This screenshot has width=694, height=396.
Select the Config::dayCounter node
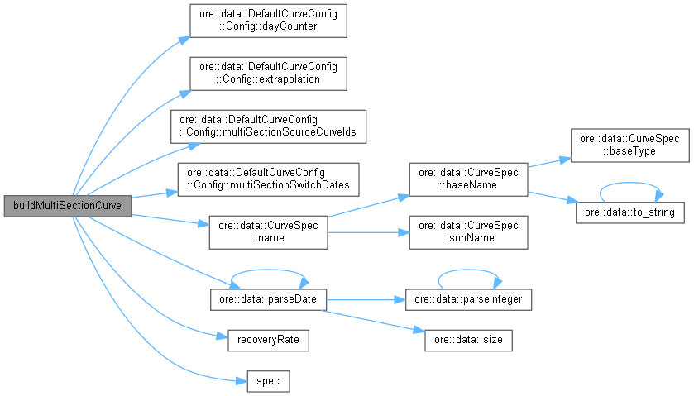267,20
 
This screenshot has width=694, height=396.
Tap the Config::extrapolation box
267,74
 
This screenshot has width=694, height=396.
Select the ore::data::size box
468,339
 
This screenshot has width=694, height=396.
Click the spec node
268,381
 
